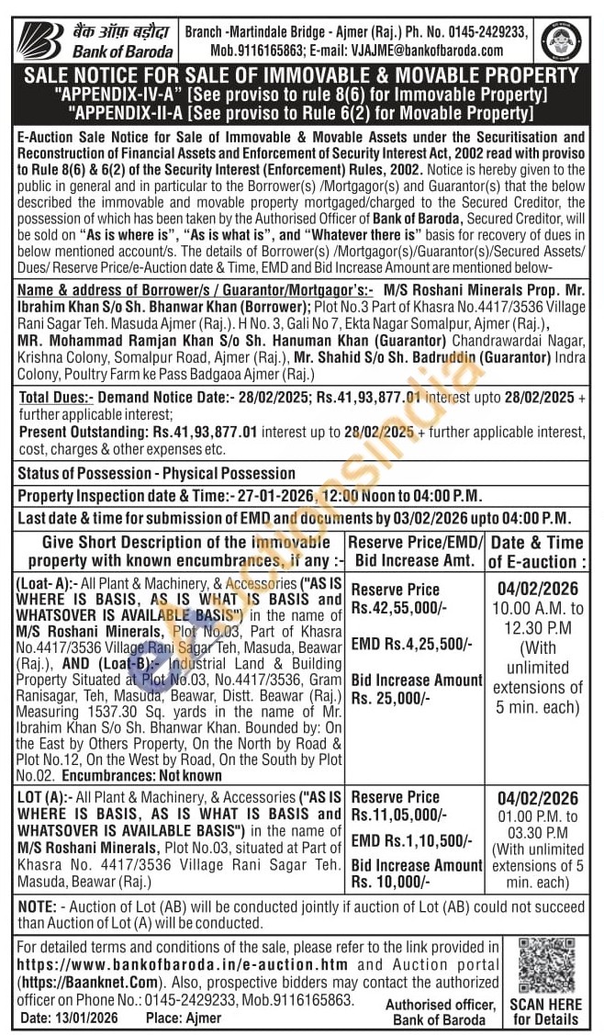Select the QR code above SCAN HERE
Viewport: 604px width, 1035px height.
(547, 964)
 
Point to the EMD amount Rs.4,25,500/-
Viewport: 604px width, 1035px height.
(412, 644)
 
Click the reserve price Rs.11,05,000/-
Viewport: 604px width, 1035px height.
(399, 815)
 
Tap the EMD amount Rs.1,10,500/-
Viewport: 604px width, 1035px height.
(412, 840)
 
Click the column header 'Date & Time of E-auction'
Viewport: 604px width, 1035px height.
(536, 551)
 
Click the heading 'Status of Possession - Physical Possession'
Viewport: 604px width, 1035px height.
(157, 474)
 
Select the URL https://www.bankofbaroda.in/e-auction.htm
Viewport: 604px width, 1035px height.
(183, 964)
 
